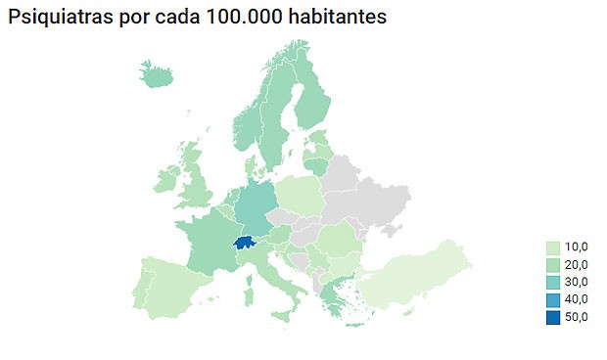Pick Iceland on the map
pos(158,74)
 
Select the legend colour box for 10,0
pos(554,247)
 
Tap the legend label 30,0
pos(577,282)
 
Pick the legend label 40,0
pos(577,298)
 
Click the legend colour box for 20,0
pos(554,264)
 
